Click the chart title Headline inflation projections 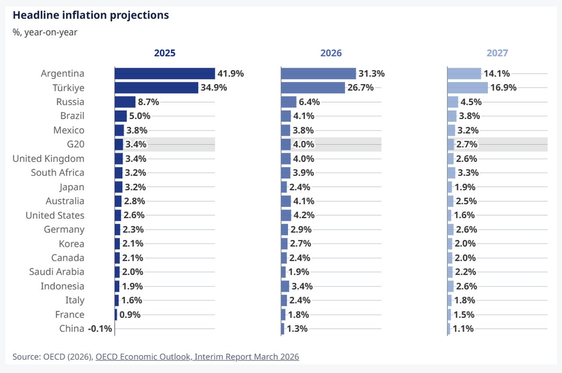[90, 15]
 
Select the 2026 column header [331, 53]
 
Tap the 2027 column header [497, 53]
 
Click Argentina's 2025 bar [165, 74]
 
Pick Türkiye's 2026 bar [313, 88]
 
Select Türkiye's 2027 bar [467, 88]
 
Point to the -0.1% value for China [100, 329]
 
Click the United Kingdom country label [48, 159]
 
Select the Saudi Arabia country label [57, 272]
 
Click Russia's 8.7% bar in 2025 [125, 102]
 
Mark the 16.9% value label [503, 88]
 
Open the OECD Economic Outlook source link [197, 357]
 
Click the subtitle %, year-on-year [45, 32]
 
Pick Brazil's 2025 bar [120, 116]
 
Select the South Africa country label [58, 173]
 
